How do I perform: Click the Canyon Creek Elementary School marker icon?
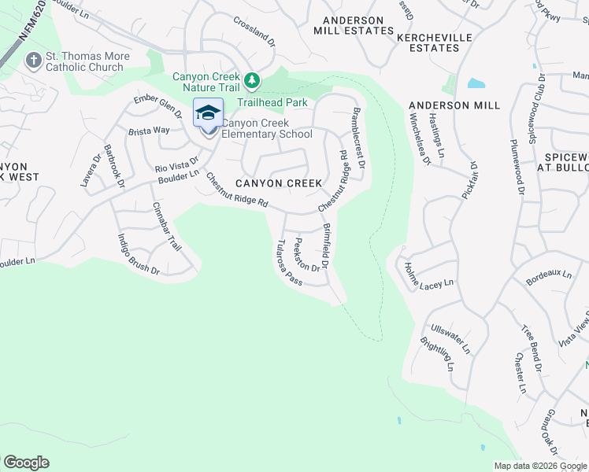[208, 114]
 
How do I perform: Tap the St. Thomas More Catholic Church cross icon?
[33, 60]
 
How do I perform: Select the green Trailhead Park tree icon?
[252, 80]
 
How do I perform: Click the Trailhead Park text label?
[272, 102]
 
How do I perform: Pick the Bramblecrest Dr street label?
[358, 138]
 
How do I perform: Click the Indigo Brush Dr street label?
[138, 253]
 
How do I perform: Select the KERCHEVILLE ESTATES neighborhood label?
[428, 42]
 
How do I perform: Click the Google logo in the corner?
[26, 463]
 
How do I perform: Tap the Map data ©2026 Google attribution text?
[540, 466]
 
